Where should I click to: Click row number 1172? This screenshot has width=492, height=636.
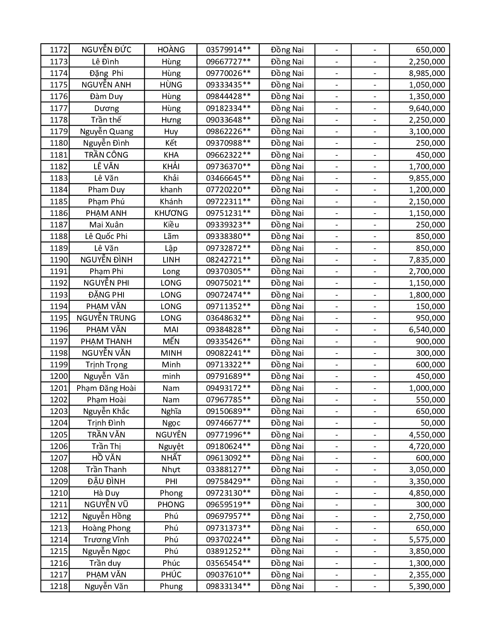[59, 50]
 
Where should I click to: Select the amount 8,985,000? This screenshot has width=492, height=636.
[427, 73]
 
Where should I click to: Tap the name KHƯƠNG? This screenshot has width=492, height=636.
[171, 213]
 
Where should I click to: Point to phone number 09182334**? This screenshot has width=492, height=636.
[228, 108]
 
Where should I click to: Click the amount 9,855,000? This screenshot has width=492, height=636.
[427, 178]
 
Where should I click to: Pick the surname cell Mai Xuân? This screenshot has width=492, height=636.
[107, 225]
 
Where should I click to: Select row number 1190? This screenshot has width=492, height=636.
[59, 260]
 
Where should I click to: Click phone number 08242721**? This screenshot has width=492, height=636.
[228, 260]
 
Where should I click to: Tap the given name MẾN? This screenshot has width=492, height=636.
[171, 342]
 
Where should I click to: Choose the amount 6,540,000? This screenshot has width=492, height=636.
[427, 330]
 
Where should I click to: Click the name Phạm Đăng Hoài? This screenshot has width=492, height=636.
[107, 388]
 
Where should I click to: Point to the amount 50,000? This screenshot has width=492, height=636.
[433, 423]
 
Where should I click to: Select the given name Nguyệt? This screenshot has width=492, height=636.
[171, 446]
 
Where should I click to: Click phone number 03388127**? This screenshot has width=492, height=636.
[228, 469]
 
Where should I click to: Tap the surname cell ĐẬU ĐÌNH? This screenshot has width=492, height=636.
[107, 481]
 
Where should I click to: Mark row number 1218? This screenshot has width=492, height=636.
[59, 586]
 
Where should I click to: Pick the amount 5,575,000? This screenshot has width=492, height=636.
[427, 540]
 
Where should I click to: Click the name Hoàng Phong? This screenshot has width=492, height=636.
[107, 528]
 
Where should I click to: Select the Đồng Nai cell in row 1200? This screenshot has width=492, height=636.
[287, 376]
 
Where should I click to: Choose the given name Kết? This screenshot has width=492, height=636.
[171, 143]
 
